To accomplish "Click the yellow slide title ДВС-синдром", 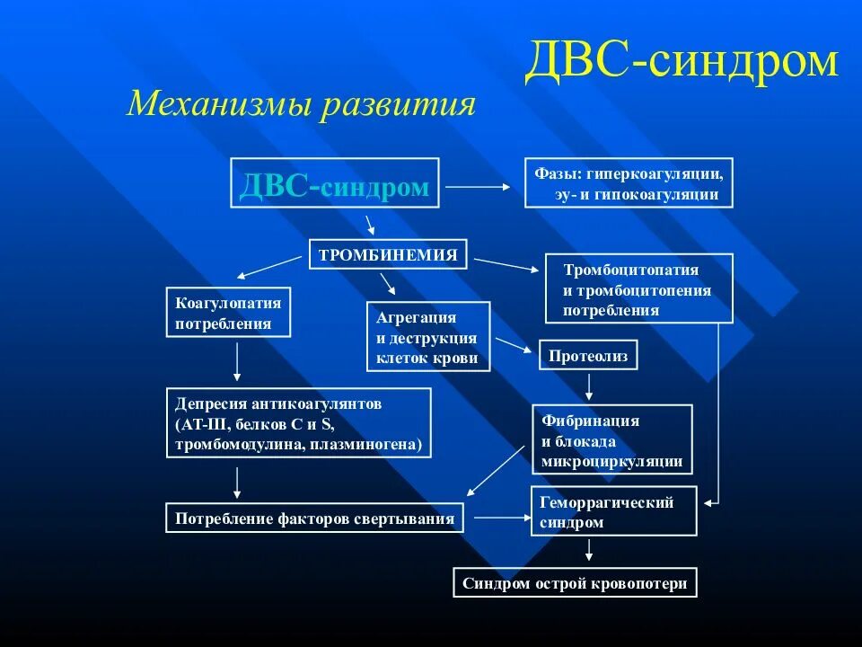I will pos(682,64).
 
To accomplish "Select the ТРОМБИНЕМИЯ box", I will pos(388,254).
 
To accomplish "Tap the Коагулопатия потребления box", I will pos(229,313).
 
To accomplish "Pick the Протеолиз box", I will pos(588,356).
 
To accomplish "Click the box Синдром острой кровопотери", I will pos(575,583).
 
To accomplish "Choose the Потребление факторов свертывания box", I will pos(314,518).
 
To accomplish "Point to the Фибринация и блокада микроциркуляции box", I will pos(613,439).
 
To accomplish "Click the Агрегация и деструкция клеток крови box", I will pos(428,337).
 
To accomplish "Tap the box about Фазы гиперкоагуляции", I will pos(629,183).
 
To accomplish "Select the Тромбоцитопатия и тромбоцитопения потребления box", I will pos(638,289).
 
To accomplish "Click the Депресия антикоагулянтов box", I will pos(298,423).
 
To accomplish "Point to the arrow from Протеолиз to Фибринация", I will pos(589,386).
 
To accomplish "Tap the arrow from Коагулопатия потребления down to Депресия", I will pos(237,361).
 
